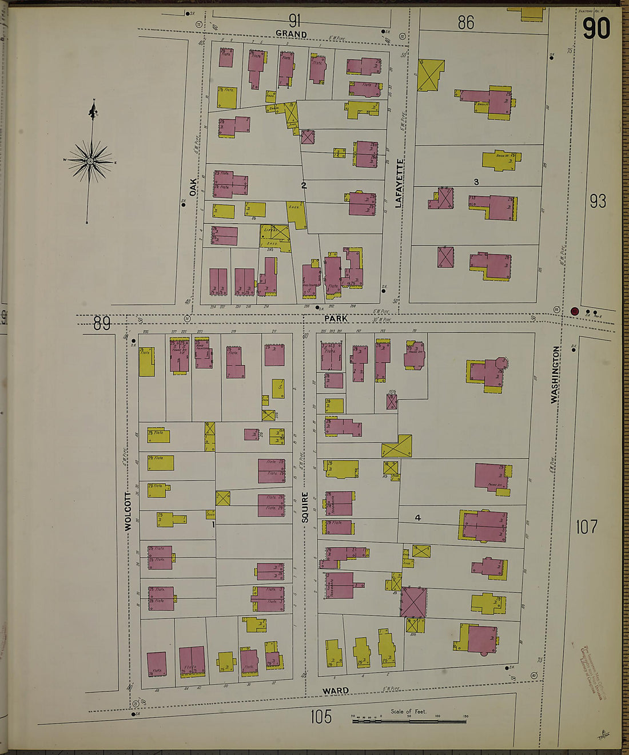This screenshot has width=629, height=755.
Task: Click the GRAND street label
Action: (x=291, y=34)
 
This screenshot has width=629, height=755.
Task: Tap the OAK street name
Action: (x=193, y=187)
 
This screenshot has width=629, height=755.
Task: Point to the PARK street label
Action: (x=336, y=319)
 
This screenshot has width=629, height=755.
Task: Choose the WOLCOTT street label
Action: (x=128, y=511)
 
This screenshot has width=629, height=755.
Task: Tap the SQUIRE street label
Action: (x=305, y=507)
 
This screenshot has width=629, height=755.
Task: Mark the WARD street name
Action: (x=335, y=691)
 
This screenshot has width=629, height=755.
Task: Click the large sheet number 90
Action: (x=596, y=29)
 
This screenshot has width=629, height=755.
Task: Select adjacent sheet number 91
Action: (x=294, y=21)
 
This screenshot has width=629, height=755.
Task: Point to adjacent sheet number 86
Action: (x=466, y=22)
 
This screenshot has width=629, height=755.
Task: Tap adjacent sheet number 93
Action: (x=598, y=201)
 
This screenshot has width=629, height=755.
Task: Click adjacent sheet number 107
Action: (x=587, y=526)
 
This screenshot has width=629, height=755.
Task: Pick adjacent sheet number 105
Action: (x=321, y=716)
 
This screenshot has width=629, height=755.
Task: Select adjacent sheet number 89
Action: (x=102, y=324)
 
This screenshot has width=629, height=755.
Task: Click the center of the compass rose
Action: (x=90, y=162)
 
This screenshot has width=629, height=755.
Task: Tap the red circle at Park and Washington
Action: (x=575, y=311)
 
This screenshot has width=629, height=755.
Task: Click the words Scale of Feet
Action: (x=408, y=712)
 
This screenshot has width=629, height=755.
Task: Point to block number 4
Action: (x=418, y=518)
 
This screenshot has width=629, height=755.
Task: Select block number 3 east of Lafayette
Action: (x=476, y=182)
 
